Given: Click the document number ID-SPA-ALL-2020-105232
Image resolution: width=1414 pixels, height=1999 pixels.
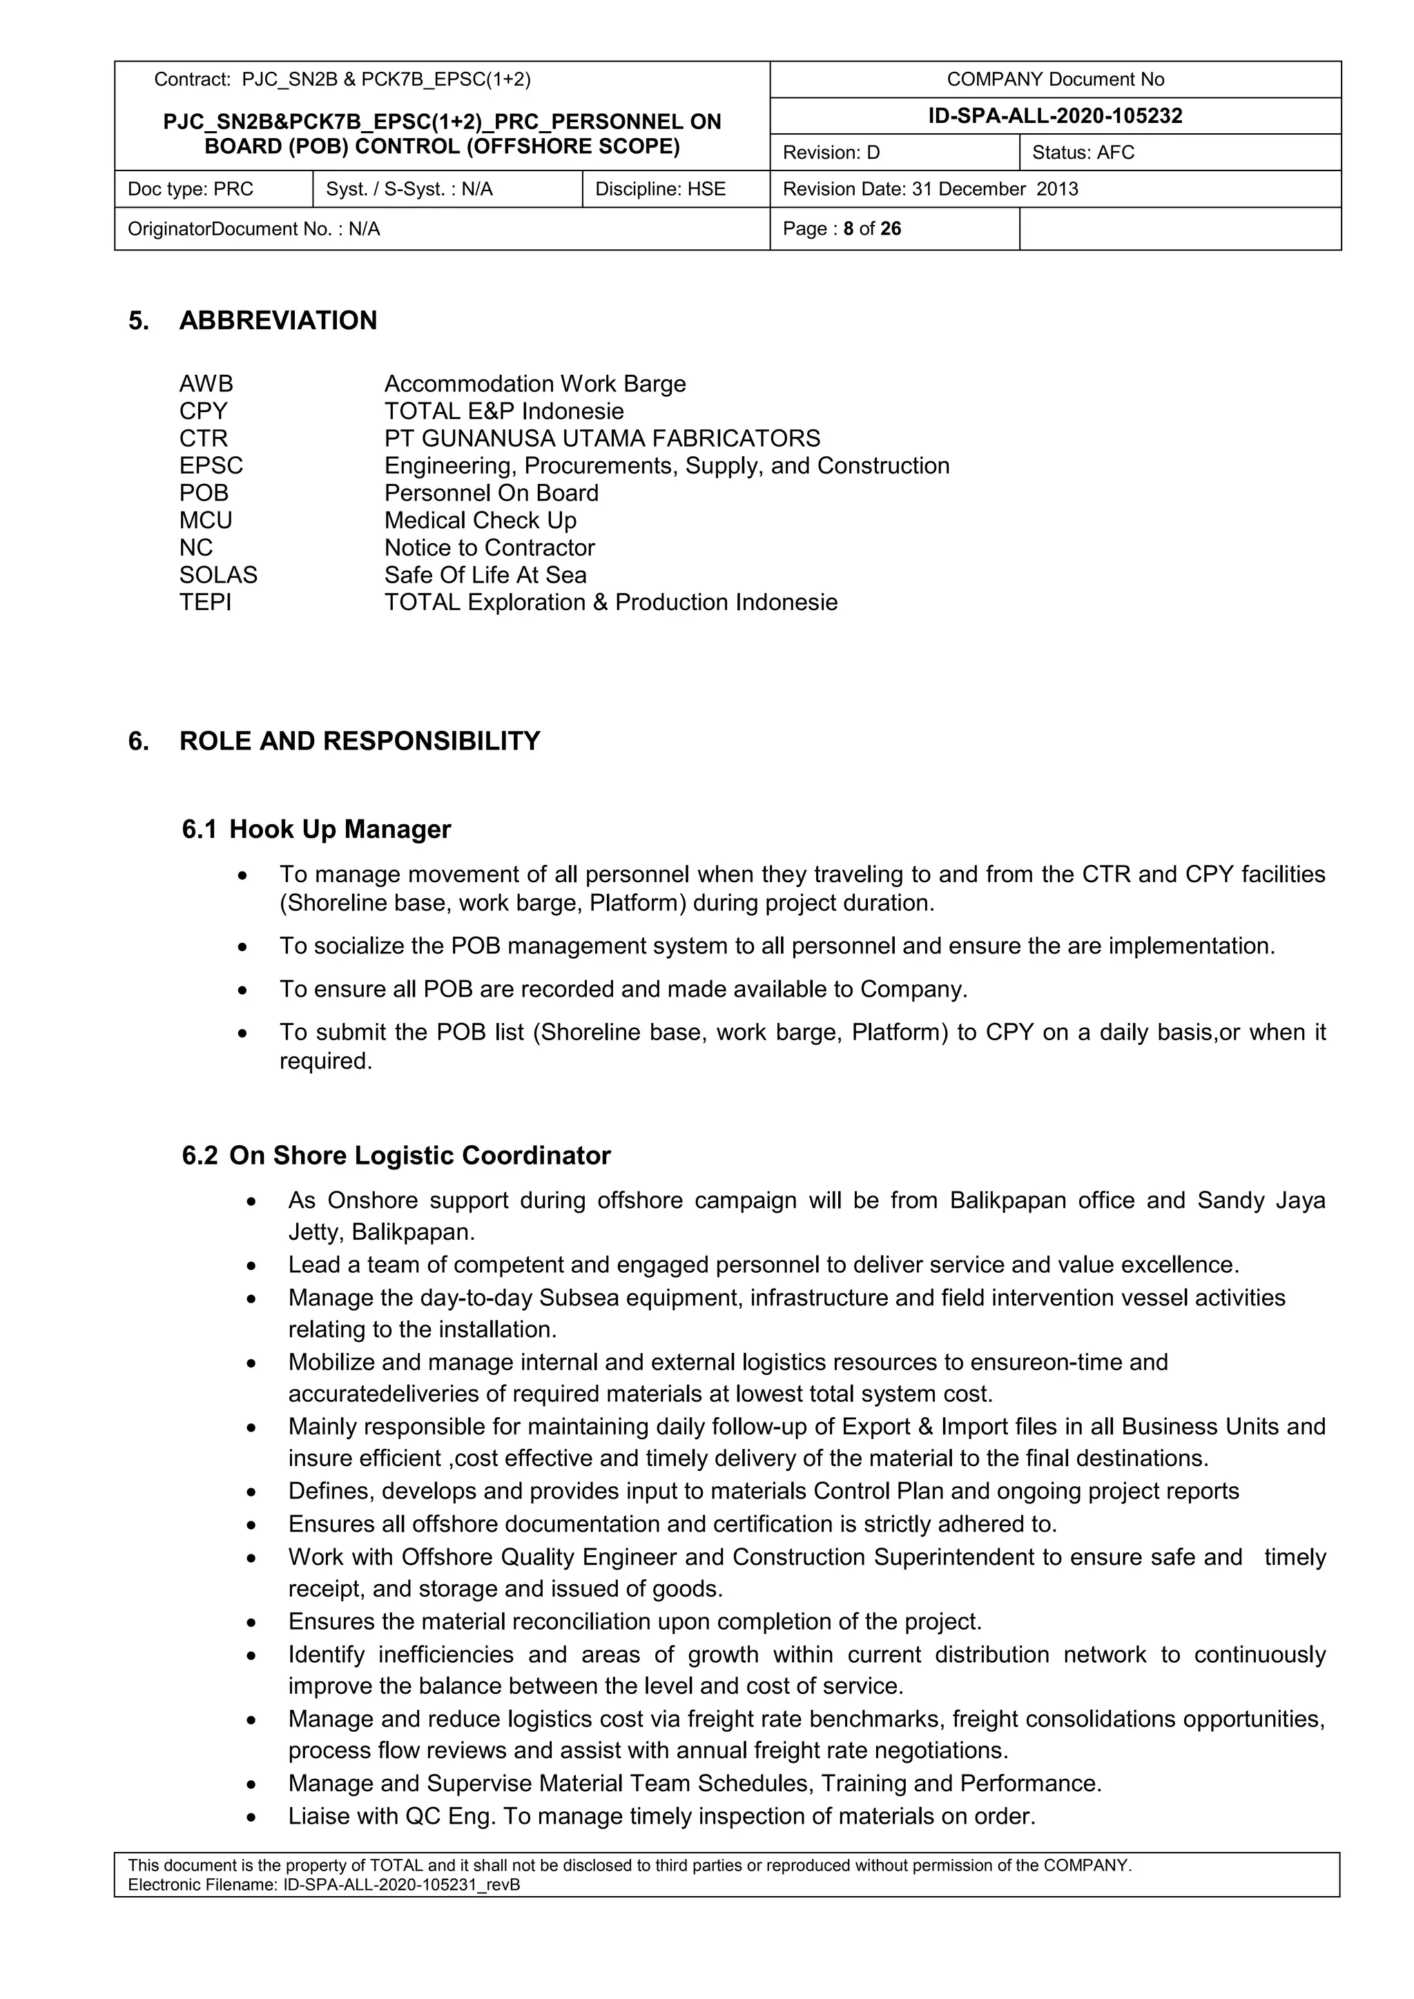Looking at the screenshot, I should pyautogui.click(x=1054, y=116).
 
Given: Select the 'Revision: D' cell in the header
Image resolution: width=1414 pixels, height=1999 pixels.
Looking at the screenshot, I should pyautogui.click(x=831, y=153).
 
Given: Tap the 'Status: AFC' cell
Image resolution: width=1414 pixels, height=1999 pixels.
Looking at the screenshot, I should pyautogui.click(x=1083, y=153).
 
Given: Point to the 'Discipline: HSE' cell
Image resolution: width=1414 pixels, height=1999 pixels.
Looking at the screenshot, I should pyautogui.click(x=660, y=189).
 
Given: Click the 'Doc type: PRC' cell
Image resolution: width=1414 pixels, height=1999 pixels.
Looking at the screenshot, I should pyautogui.click(x=191, y=189).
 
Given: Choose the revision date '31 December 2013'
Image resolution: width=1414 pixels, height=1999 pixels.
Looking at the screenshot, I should pyautogui.click(x=994, y=189).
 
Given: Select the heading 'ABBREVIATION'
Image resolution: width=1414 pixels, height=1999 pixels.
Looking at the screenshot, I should pyautogui.click(x=278, y=320).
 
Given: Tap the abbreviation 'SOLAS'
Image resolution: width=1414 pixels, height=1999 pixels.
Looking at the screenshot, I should pyautogui.click(x=219, y=574).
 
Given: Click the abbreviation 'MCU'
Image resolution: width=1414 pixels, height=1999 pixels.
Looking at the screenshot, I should pyautogui.click(x=206, y=520).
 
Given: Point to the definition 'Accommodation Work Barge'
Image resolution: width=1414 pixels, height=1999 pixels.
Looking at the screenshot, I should pyautogui.click(x=534, y=384).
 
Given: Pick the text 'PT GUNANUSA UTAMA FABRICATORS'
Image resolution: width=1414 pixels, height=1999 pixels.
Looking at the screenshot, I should pyautogui.click(x=601, y=438).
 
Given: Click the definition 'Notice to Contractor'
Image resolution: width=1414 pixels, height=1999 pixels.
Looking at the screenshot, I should pyautogui.click(x=490, y=547).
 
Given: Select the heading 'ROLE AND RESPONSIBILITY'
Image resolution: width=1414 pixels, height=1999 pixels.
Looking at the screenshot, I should pyautogui.click(x=359, y=741).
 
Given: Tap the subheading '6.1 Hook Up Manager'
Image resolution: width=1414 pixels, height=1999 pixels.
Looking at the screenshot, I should pyautogui.click(x=316, y=829).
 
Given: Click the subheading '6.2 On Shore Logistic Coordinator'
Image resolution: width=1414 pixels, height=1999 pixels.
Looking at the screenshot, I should pyautogui.click(x=396, y=1155).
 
